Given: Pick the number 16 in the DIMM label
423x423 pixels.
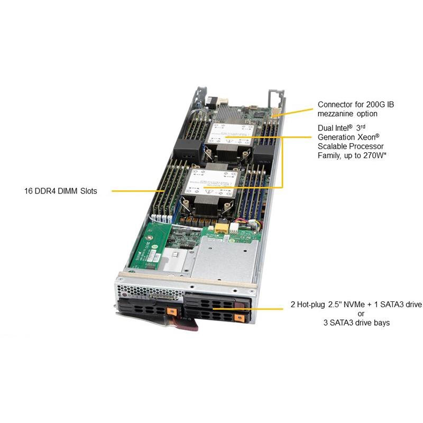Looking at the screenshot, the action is click(29, 191).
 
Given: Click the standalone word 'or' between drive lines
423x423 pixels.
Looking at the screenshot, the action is click(361, 314).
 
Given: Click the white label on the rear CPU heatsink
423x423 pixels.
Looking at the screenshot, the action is click(230, 134).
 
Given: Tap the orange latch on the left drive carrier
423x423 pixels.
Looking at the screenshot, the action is click(172, 311).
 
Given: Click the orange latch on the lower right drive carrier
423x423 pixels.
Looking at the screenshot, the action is click(240, 318).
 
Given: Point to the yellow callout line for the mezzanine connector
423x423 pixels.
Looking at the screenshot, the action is click(293, 112).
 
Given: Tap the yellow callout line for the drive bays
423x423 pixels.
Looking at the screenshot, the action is click(247, 309).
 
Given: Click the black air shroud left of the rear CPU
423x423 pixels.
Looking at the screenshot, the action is click(188, 151).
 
